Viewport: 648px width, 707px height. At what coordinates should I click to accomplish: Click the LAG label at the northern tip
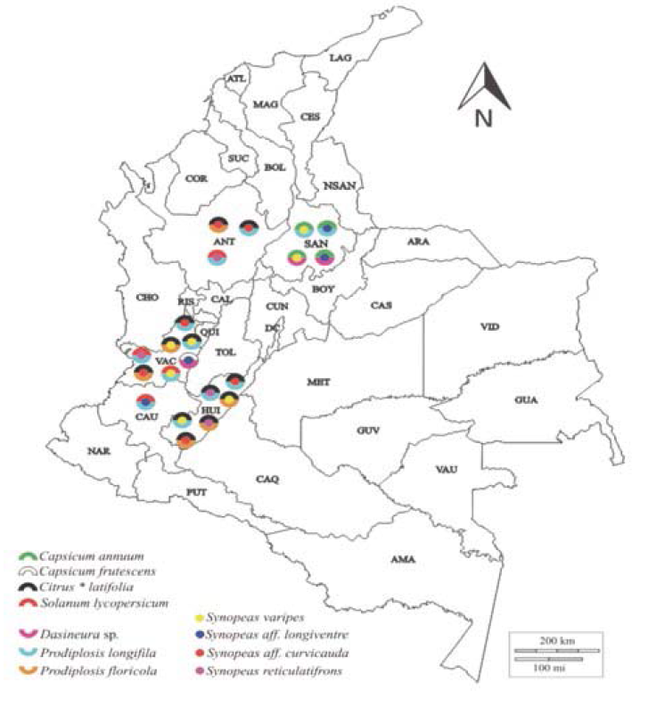pyautogui.click(x=340, y=58)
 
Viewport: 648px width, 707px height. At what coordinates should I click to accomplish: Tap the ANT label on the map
pyautogui.click(x=223, y=242)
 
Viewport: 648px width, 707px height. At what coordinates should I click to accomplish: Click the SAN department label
pyautogui.click(x=315, y=243)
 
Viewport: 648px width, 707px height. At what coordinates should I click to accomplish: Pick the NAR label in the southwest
pyautogui.click(x=98, y=451)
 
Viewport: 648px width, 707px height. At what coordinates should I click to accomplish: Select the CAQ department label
pyautogui.click(x=267, y=479)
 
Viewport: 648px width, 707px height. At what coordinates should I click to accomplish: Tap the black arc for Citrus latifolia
pyautogui.click(x=29, y=586)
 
